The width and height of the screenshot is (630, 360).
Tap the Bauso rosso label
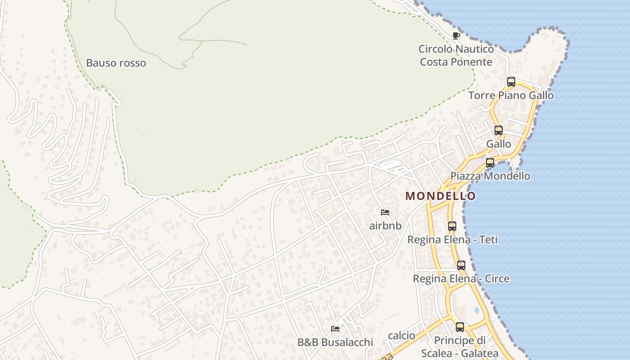116,63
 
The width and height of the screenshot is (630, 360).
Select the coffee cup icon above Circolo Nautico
456,36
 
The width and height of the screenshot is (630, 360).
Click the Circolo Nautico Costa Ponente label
456,55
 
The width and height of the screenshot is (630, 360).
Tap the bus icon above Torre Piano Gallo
511,82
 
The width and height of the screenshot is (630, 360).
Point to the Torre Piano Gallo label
511,95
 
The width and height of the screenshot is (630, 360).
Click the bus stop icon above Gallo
499,130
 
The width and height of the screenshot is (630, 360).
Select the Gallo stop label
499,144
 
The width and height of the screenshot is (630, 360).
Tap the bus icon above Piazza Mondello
490,163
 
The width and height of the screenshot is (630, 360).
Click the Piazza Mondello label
490,176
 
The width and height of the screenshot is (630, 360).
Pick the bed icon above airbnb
385,212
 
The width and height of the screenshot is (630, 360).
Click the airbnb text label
385,225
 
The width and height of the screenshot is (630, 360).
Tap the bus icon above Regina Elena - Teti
452,226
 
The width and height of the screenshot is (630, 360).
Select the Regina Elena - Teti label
452,240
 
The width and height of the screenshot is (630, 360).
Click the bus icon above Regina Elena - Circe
461,265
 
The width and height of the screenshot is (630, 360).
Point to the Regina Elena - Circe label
461,279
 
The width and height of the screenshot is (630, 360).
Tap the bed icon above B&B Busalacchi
335,329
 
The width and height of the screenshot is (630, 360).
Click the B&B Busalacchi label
335,342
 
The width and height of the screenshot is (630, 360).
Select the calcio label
401,336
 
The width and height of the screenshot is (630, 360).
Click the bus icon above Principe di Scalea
460,327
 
